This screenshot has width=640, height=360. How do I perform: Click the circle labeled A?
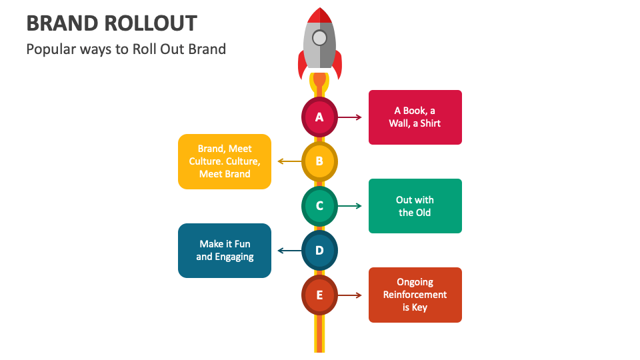pyautogui.click(x=319, y=117)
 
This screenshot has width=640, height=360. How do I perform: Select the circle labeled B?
pyautogui.click(x=319, y=161)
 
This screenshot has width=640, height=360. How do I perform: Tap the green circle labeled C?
pyautogui.click(x=319, y=206)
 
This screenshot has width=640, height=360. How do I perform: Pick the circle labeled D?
pyautogui.click(x=319, y=251)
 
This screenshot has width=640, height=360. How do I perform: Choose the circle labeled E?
pyautogui.click(x=319, y=295)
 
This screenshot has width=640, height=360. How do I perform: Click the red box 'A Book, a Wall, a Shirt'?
pyautogui.click(x=415, y=117)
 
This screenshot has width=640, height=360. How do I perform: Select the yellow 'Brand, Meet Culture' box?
pyautogui.click(x=225, y=161)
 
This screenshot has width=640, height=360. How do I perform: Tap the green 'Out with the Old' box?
pyautogui.click(x=415, y=206)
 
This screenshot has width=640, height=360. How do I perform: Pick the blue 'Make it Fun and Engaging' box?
pyautogui.click(x=225, y=251)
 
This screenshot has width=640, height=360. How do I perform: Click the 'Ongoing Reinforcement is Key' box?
pyautogui.click(x=415, y=295)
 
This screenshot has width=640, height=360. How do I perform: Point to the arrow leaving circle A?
pyautogui.click(x=350, y=117)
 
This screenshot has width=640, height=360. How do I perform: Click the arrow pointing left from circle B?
pyautogui.click(x=289, y=161)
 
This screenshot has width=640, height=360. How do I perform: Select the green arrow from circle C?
pyautogui.click(x=350, y=206)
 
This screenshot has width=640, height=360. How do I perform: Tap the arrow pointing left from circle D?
pyautogui.click(x=289, y=251)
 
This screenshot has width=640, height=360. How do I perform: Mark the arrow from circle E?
pyautogui.click(x=350, y=295)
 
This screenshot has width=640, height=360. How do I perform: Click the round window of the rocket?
pyautogui.click(x=319, y=37)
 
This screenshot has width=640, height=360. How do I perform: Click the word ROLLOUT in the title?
pyautogui.click(x=151, y=23)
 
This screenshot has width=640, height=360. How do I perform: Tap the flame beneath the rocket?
pyautogui.click(x=319, y=83)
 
